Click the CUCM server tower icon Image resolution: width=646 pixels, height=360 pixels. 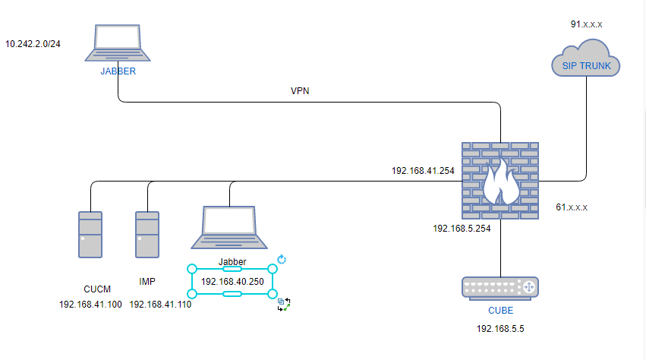coord(90,234)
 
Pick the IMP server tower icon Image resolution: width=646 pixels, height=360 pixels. coord(147,234)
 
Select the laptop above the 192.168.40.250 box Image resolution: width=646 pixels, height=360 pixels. coord(229,227)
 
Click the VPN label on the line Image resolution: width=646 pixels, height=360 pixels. coord(300,91)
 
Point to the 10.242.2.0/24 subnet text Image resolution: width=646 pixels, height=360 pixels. coord(33,44)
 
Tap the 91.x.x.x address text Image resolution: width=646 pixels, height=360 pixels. coord(587,24)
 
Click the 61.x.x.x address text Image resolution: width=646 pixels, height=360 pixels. coord(572,207)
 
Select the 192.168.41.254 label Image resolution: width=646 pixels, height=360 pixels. coord(423,171)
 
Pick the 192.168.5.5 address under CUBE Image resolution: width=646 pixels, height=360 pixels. coord(500,329)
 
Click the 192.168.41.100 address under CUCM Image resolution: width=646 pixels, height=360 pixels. coord(90,304)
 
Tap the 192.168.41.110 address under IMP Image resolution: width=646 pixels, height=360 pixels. coord(160,304)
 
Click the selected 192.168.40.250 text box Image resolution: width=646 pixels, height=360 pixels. coord(232,281)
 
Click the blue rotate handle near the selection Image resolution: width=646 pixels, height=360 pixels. coord(282,260)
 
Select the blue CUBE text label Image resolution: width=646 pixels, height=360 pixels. coord(500,311)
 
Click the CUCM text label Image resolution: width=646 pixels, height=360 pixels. coord(97,289)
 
